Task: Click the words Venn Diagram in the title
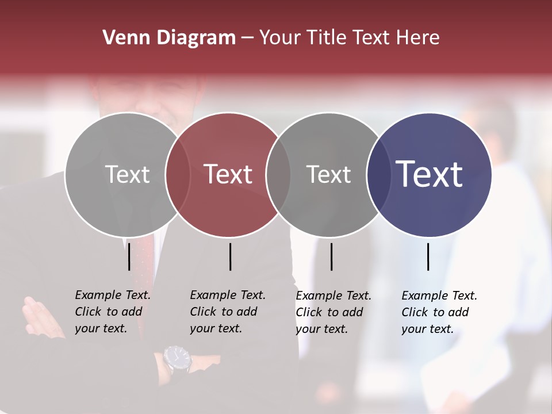(169, 38)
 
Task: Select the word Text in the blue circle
(429, 174)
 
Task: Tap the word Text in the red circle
(228, 174)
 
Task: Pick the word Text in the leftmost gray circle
(127, 174)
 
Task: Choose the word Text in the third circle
(328, 174)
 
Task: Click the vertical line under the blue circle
(428, 256)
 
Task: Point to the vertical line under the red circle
(230, 256)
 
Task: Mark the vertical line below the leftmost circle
(129, 256)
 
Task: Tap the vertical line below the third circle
(332, 256)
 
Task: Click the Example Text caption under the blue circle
(439, 312)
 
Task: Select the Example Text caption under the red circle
(228, 312)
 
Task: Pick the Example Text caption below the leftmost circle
(113, 312)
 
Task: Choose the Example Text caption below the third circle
(333, 312)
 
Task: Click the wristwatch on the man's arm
(178, 359)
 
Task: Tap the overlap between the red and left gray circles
(178, 174)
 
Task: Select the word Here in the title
(418, 38)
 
